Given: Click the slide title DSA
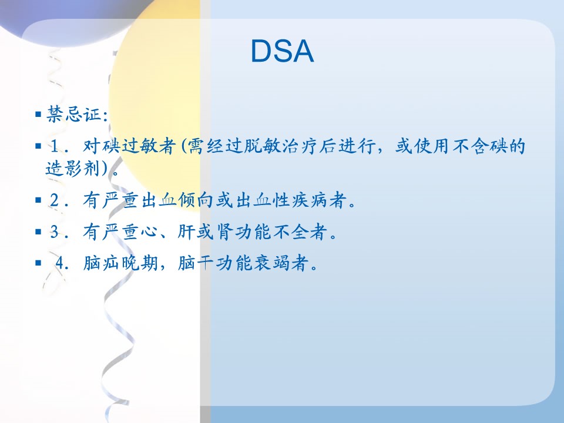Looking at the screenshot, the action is coord(282,51).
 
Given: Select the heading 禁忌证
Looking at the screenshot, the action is coord(74,115).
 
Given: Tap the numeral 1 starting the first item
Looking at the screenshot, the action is coord(55,146).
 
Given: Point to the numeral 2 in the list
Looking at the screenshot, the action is coord(55,200).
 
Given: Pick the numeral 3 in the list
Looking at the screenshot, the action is coord(55,231).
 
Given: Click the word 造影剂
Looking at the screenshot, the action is coord(73,168).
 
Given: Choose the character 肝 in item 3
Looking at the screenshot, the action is coord(187,231).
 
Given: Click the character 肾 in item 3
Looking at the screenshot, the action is coord(225,231).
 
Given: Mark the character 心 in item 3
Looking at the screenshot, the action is coord(149,231).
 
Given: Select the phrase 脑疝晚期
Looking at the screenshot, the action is coord(120,263).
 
